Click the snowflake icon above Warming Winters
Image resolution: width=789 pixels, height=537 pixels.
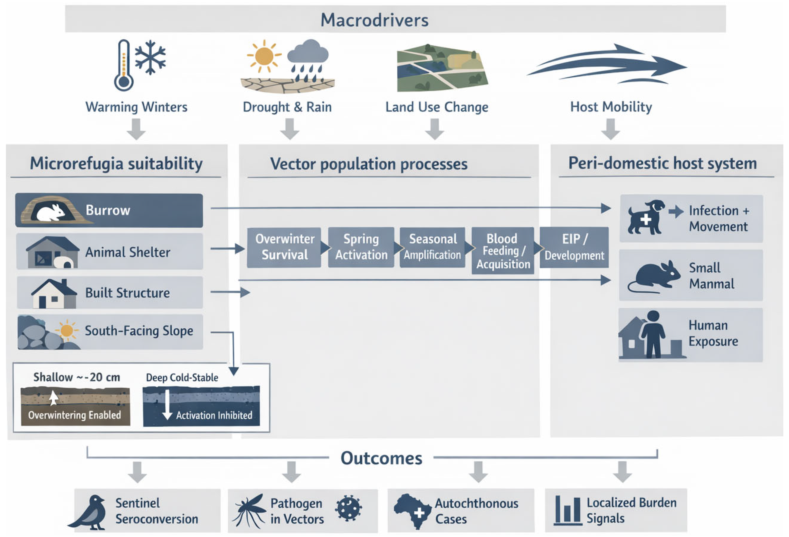click(x=150, y=57)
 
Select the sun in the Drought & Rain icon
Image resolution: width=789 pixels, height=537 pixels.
click(x=264, y=56)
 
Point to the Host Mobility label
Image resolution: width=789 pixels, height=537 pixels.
click(x=611, y=107)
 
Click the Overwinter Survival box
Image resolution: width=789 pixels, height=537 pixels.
click(x=285, y=247)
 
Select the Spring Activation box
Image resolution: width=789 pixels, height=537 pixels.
click(x=361, y=247)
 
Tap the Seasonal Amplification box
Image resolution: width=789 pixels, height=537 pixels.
click(x=432, y=247)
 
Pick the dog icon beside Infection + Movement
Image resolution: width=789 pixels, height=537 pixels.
click(x=645, y=217)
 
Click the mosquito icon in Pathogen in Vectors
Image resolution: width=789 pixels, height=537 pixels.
click(x=250, y=511)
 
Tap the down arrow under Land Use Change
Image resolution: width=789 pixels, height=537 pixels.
click(x=434, y=129)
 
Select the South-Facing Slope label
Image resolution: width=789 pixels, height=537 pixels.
click(x=139, y=331)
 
